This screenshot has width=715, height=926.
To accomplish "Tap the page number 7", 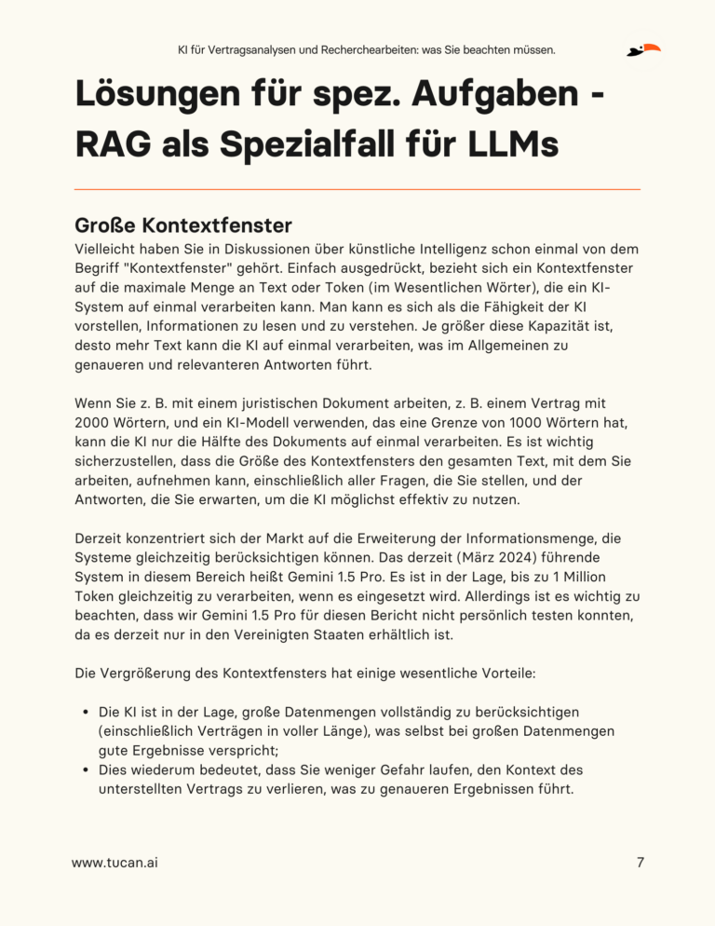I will [x=640, y=863].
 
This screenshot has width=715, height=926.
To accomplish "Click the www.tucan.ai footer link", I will [x=115, y=863].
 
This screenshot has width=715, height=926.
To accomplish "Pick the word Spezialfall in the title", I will [x=306, y=145].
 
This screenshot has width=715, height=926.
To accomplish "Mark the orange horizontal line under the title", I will [x=357, y=189].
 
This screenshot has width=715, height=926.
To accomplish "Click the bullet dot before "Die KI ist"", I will [x=86, y=714].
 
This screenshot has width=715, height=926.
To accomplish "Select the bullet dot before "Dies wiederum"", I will [x=86, y=769].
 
